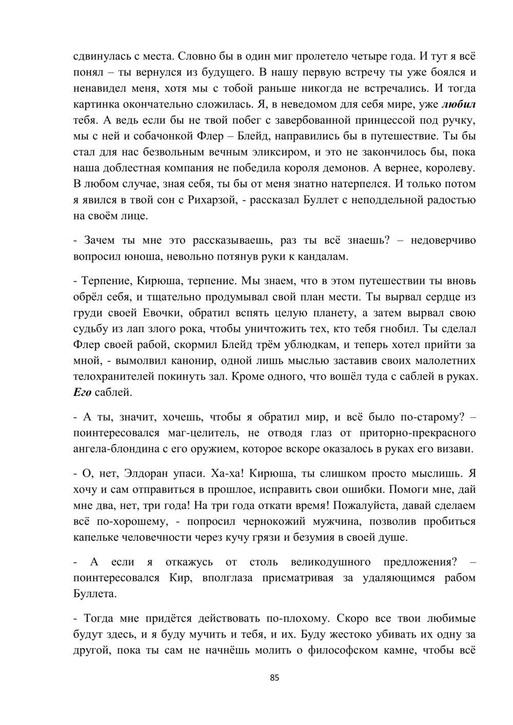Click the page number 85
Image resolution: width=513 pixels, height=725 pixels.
(274, 678)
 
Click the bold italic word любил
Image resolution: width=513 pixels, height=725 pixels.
(459, 104)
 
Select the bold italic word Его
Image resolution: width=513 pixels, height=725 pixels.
(84, 393)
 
